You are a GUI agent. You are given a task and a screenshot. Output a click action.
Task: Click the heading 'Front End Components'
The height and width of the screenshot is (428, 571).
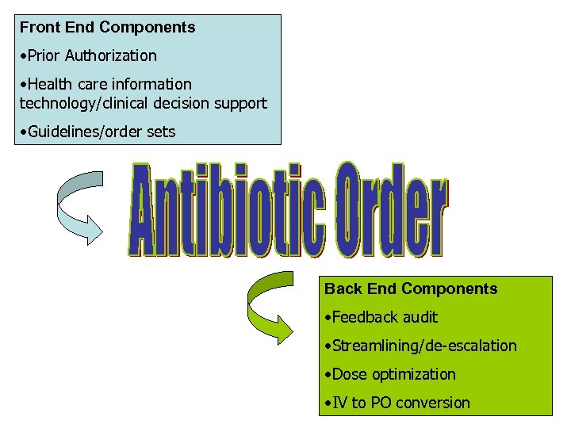pyautogui.click(x=107, y=28)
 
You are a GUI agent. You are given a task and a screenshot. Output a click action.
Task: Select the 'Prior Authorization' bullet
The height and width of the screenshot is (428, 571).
pyautogui.click(x=88, y=55)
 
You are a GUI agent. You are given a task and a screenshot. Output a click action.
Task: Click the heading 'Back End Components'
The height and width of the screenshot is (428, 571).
pyautogui.click(x=411, y=289)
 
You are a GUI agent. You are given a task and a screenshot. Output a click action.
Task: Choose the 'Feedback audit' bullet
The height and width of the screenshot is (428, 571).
pyautogui.click(x=381, y=318)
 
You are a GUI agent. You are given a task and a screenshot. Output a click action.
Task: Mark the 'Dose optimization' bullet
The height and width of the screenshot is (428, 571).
pyautogui.click(x=390, y=374)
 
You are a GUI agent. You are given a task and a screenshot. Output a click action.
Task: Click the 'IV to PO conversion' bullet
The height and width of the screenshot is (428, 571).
pyautogui.click(x=397, y=403)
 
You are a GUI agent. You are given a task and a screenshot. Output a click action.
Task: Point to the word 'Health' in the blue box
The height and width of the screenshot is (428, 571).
pyautogui.click(x=49, y=84)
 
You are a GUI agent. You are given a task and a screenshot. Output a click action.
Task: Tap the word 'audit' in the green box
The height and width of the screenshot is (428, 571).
pyautogui.click(x=420, y=318)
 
